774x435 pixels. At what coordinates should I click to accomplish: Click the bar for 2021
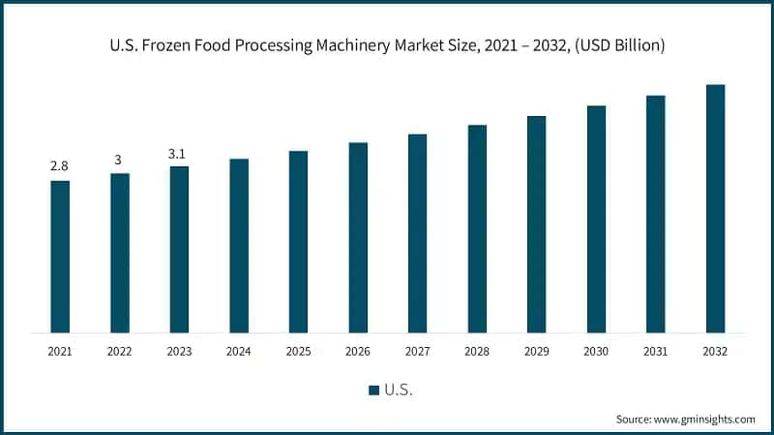click(x=60, y=256)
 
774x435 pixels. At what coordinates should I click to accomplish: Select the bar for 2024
click(x=239, y=246)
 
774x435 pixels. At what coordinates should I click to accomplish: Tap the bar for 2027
click(x=417, y=233)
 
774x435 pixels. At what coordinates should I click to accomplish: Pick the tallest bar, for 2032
click(x=715, y=209)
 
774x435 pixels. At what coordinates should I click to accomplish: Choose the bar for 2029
click(x=536, y=224)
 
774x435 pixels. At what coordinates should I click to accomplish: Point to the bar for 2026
click(x=358, y=238)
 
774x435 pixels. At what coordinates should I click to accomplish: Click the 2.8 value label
click(x=60, y=167)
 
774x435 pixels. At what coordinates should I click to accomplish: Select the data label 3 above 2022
click(x=119, y=159)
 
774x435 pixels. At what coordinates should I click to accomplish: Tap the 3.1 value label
click(x=179, y=153)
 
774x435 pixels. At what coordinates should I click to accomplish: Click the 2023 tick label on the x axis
click(x=179, y=351)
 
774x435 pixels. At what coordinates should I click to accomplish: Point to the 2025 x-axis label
click(x=298, y=351)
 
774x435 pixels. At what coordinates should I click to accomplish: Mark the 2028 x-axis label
click(x=477, y=351)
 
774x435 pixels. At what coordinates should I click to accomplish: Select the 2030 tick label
click(x=596, y=351)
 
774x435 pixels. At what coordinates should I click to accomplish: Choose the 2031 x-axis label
click(x=655, y=351)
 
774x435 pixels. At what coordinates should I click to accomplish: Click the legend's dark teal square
click(x=373, y=391)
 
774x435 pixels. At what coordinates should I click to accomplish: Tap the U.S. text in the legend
click(x=399, y=391)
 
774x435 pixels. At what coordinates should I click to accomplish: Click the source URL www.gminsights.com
click(x=705, y=419)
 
